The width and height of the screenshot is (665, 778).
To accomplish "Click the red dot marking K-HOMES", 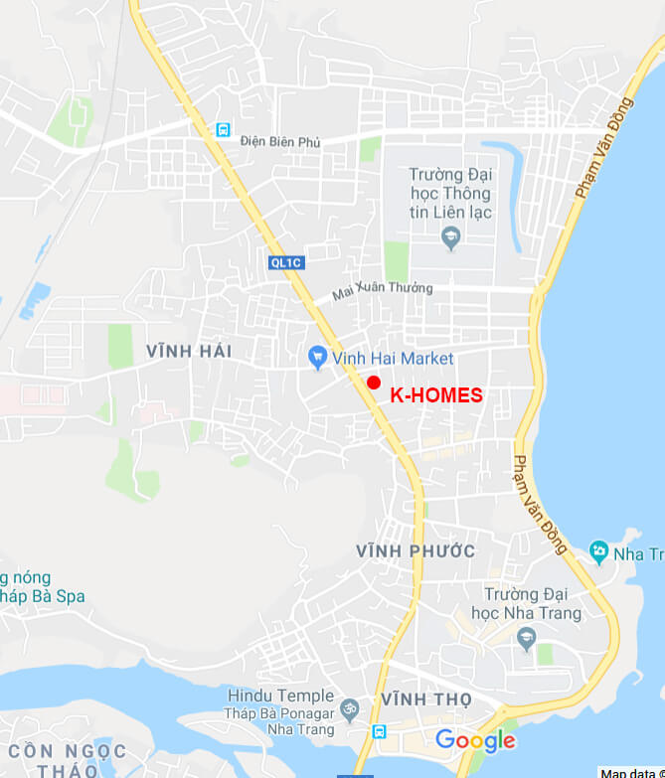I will click(374, 383).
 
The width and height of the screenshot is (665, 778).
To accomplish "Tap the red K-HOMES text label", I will click(436, 395).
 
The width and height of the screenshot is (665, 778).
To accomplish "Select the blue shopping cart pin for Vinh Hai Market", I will click(318, 358).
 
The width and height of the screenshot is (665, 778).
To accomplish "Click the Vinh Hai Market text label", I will click(393, 359).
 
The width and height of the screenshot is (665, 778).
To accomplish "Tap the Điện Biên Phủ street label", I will click(280, 142).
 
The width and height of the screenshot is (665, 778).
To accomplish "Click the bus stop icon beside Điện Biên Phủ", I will click(224, 130).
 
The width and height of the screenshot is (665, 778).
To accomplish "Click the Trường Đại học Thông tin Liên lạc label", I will click(450, 193).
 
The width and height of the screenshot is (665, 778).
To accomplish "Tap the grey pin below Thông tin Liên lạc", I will click(450, 237).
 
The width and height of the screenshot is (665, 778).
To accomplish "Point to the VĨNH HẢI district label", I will click(189, 351).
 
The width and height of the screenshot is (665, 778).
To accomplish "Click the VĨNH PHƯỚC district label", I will click(416, 550).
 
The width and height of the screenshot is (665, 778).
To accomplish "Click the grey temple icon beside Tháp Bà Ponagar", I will click(349, 709).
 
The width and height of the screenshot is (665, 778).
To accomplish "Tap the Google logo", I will click(475, 740).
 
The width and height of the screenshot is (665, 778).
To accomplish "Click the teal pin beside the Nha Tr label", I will click(598, 551).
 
